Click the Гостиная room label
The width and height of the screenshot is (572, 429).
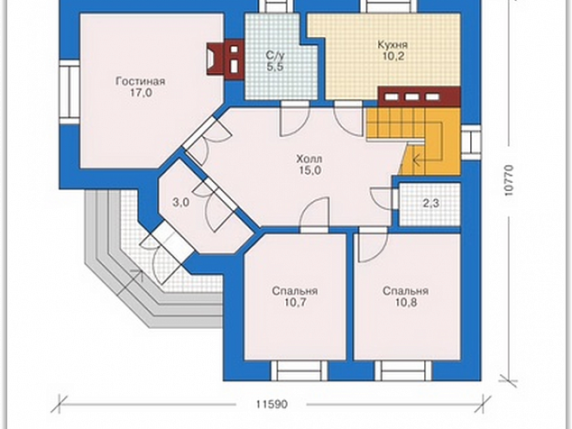pyautogui.click(x=141, y=81)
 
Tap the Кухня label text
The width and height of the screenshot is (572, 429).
pyautogui.click(x=392, y=45)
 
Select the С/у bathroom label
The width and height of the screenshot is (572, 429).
pyautogui.click(x=274, y=55)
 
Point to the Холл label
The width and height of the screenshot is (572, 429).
pyautogui.click(x=309, y=159)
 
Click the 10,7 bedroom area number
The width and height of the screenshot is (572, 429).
pyautogui.click(x=295, y=303)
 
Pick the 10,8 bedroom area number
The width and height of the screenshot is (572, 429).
pyautogui.click(x=406, y=303)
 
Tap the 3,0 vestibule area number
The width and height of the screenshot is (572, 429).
pyautogui.click(x=181, y=202)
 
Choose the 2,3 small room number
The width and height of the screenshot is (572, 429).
pyautogui.click(x=430, y=204)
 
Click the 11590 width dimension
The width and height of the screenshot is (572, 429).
pyautogui.click(x=272, y=404)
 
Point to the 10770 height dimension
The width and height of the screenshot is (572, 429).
pyautogui.click(x=509, y=181)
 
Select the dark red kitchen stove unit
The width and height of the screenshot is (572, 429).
pyautogui.click(x=419, y=96)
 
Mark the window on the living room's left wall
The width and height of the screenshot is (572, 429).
pyautogui.click(x=69, y=92)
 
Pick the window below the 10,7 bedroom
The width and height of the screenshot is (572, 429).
pyautogui.click(x=299, y=371)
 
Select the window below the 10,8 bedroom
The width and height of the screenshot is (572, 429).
pyautogui.click(x=403, y=371)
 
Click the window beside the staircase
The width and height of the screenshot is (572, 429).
pyautogui.click(x=471, y=142)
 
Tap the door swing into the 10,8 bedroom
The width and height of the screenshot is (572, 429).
pyautogui.click(x=373, y=247)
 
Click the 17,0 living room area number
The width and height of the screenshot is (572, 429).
pyautogui.click(x=141, y=93)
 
